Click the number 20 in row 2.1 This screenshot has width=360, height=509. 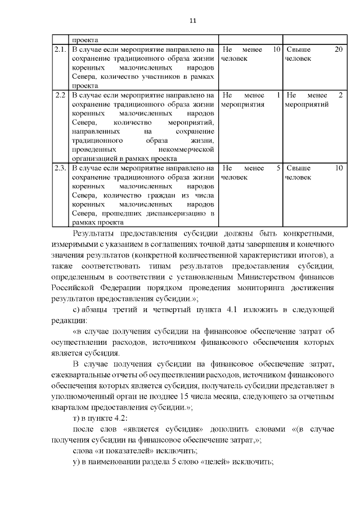click(x=339, y=50)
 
